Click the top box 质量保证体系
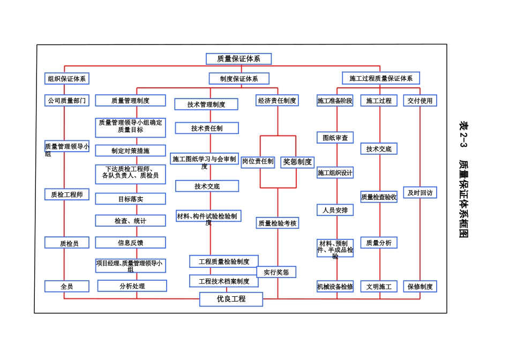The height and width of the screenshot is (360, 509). coord(239,59)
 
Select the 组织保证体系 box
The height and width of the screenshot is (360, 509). coord(66,79)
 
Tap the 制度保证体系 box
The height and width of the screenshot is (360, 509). coord(239,79)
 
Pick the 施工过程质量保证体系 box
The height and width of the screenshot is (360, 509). coord(381,79)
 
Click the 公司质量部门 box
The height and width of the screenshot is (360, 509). coord(66,101)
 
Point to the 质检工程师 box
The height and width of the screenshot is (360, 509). coord(66,194)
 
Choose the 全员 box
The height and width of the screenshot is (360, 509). coord(66,287)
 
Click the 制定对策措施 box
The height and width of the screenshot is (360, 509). coord(130,151)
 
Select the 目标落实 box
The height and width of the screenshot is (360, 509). coord(130,199)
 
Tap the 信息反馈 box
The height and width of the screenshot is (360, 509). coord(130,243)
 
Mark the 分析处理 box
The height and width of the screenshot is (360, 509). coord(132,286)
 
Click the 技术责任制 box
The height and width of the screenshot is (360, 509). coord(207,129)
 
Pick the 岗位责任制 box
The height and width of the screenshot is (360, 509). coord(258,161)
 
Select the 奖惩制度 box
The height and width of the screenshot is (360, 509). coord(297,162)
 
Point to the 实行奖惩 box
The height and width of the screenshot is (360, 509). coord(276,272)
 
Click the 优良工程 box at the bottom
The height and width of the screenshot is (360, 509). coord(231,299)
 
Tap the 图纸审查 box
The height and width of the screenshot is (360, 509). coord(335,138)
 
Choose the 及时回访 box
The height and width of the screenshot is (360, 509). coord(420,192)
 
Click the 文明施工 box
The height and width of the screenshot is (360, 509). coord(379,287)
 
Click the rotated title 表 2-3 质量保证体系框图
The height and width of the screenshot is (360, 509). coord(463,179)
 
